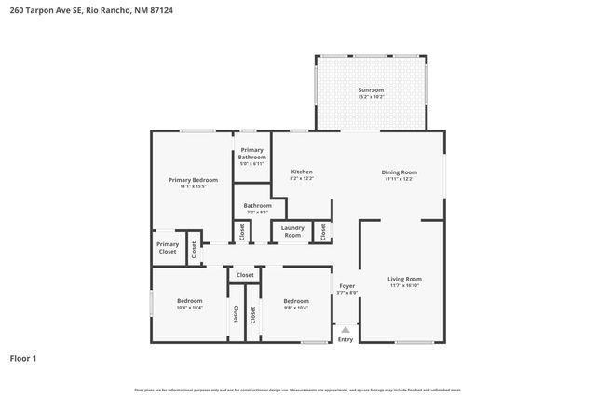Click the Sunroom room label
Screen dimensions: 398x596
371,90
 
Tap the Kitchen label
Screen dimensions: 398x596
302,172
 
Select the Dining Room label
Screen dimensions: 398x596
399,172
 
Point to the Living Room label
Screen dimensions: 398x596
405,279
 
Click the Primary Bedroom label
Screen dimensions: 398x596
193,179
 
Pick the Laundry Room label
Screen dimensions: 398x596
292,231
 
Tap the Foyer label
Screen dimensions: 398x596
346,286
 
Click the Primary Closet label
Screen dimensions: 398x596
168,247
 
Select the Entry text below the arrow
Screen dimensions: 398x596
345,339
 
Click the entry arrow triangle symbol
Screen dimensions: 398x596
345,328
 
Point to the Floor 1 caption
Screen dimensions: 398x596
23,358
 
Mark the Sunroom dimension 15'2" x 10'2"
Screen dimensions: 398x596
371,97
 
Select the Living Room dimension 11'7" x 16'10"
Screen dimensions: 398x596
405,286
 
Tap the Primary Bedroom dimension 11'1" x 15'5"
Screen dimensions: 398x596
193,186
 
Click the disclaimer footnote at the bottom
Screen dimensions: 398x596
298,390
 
